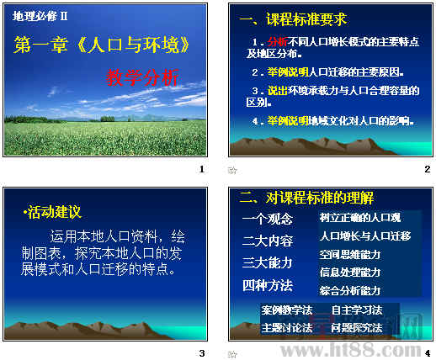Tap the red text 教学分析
pyautogui.click(x=142, y=78)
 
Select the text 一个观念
pyautogui.click(x=267, y=219)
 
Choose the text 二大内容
pyautogui.click(x=267, y=241)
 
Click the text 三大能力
pyautogui.click(x=267, y=262)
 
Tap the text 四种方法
pyautogui.click(x=267, y=284)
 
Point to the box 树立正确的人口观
pyautogui.click(x=359, y=218)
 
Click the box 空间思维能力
pyautogui.click(x=350, y=254)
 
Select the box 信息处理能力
pyautogui.click(x=350, y=272)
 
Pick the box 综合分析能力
pyautogui.click(x=350, y=290)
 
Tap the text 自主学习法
pyautogui.click(x=357, y=310)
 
